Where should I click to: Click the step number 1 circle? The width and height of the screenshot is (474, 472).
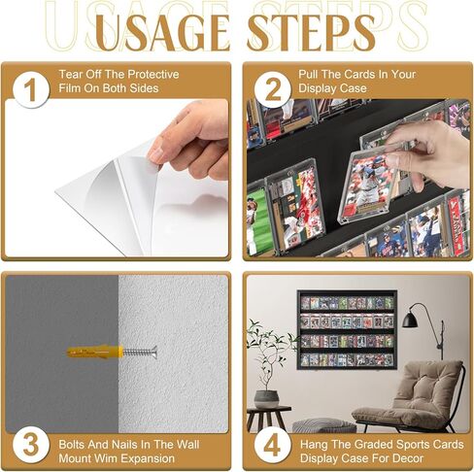click(x=31, y=90)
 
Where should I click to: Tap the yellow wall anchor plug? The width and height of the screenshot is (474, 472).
click(x=93, y=352)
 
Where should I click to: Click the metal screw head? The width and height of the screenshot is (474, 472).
click(x=152, y=352)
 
